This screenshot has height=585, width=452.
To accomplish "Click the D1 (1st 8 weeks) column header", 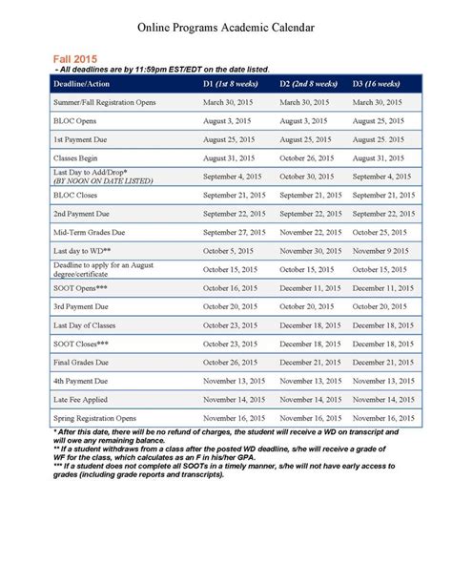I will [x=232, y=84].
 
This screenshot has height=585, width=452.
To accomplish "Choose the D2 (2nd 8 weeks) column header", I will [x=309, y=84].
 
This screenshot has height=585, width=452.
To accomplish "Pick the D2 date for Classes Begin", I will [x=310, y=157].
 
